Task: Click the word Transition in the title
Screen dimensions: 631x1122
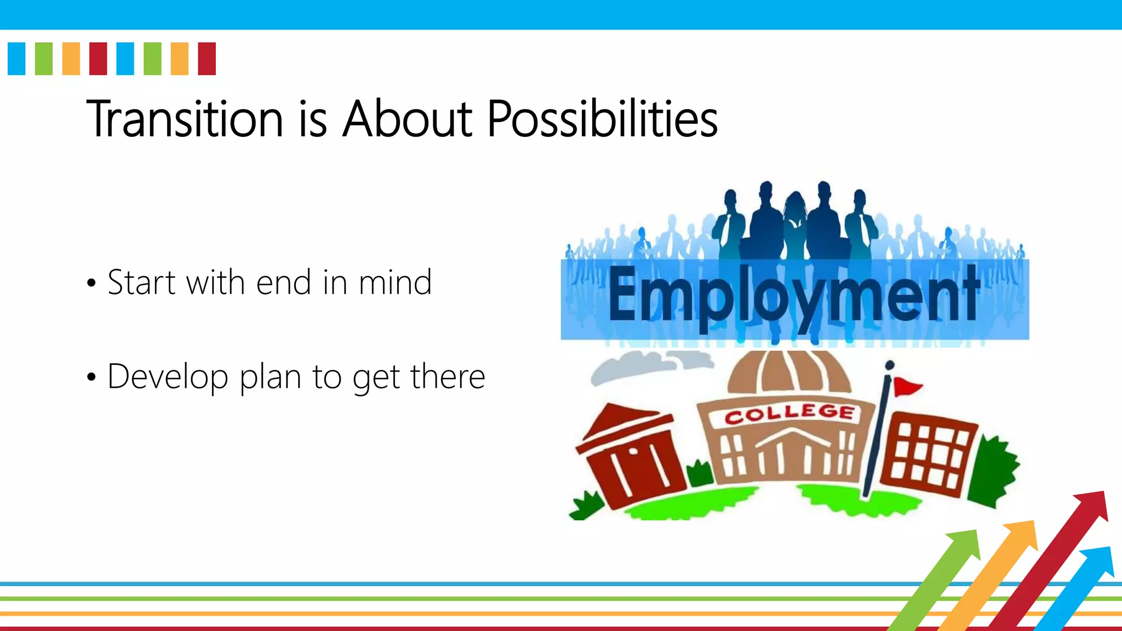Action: click(185, 119)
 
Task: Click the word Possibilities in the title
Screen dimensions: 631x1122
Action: click(602, 119)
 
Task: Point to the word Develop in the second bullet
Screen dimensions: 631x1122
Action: click(168, 377)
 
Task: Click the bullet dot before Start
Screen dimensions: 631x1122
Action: click(91, 284)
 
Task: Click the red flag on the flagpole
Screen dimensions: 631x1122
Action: click(906, 387)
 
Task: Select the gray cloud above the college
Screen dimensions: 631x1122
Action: click(646, 366)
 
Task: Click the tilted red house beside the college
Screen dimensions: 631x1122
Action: click(630, 455)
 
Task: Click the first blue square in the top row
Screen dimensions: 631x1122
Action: click(16, 59)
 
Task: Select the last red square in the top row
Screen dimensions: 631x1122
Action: click(207, 59)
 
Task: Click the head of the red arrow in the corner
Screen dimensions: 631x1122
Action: click(1094, 504)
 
